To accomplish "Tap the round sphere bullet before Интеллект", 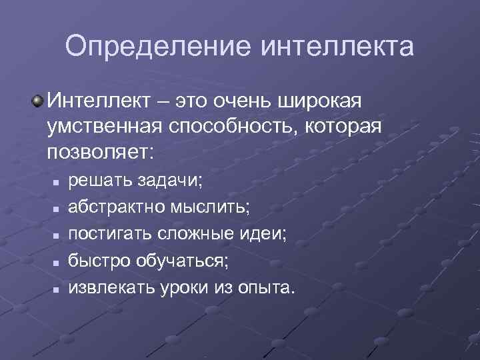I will click(x=39, y=101).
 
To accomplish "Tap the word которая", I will click(x=345, y=126).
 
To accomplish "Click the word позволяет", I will click(x=100, y=151).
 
